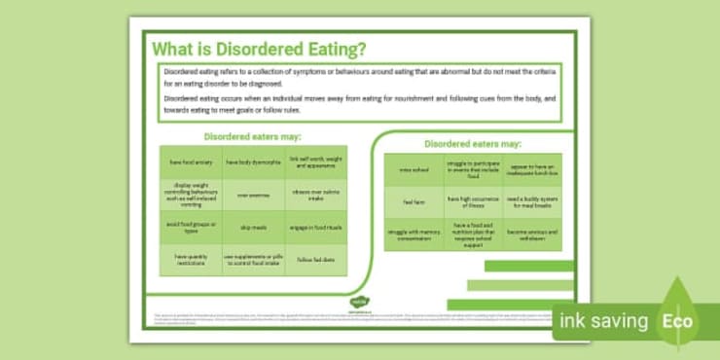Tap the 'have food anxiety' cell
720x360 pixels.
pos(190,162)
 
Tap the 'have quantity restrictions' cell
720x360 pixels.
pos(190,258)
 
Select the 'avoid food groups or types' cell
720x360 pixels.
pos(190,226)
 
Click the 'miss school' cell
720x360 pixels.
pos(414,169)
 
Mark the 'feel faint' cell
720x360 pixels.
pos(414,201)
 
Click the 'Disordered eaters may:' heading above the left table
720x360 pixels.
pos(252,136)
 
